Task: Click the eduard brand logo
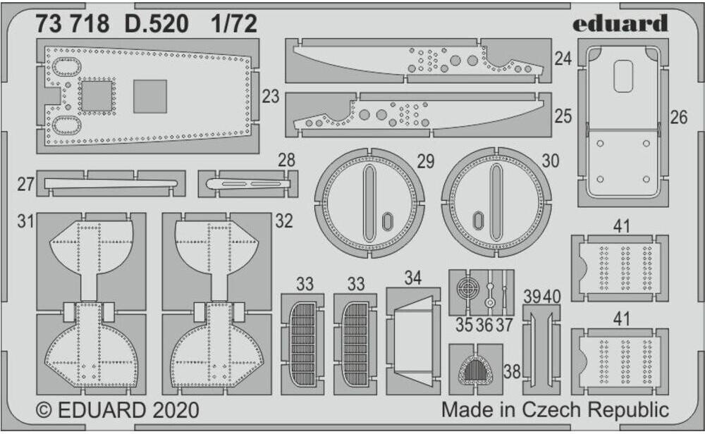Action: point(620,23)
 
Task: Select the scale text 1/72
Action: point(233,25)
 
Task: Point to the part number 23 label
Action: point(270,97)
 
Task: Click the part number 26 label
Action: point(678,118)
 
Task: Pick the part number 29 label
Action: point(425,161)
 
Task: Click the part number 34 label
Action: point(413,278)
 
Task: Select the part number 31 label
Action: point(26,221)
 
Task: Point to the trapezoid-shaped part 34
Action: point(413,338)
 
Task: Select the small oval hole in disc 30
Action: point(477,220)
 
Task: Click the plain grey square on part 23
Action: point(150,97)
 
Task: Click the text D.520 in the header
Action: point(157,25)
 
